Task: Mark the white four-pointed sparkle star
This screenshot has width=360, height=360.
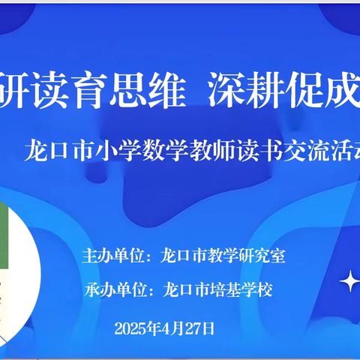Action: [x=351, y=282]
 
